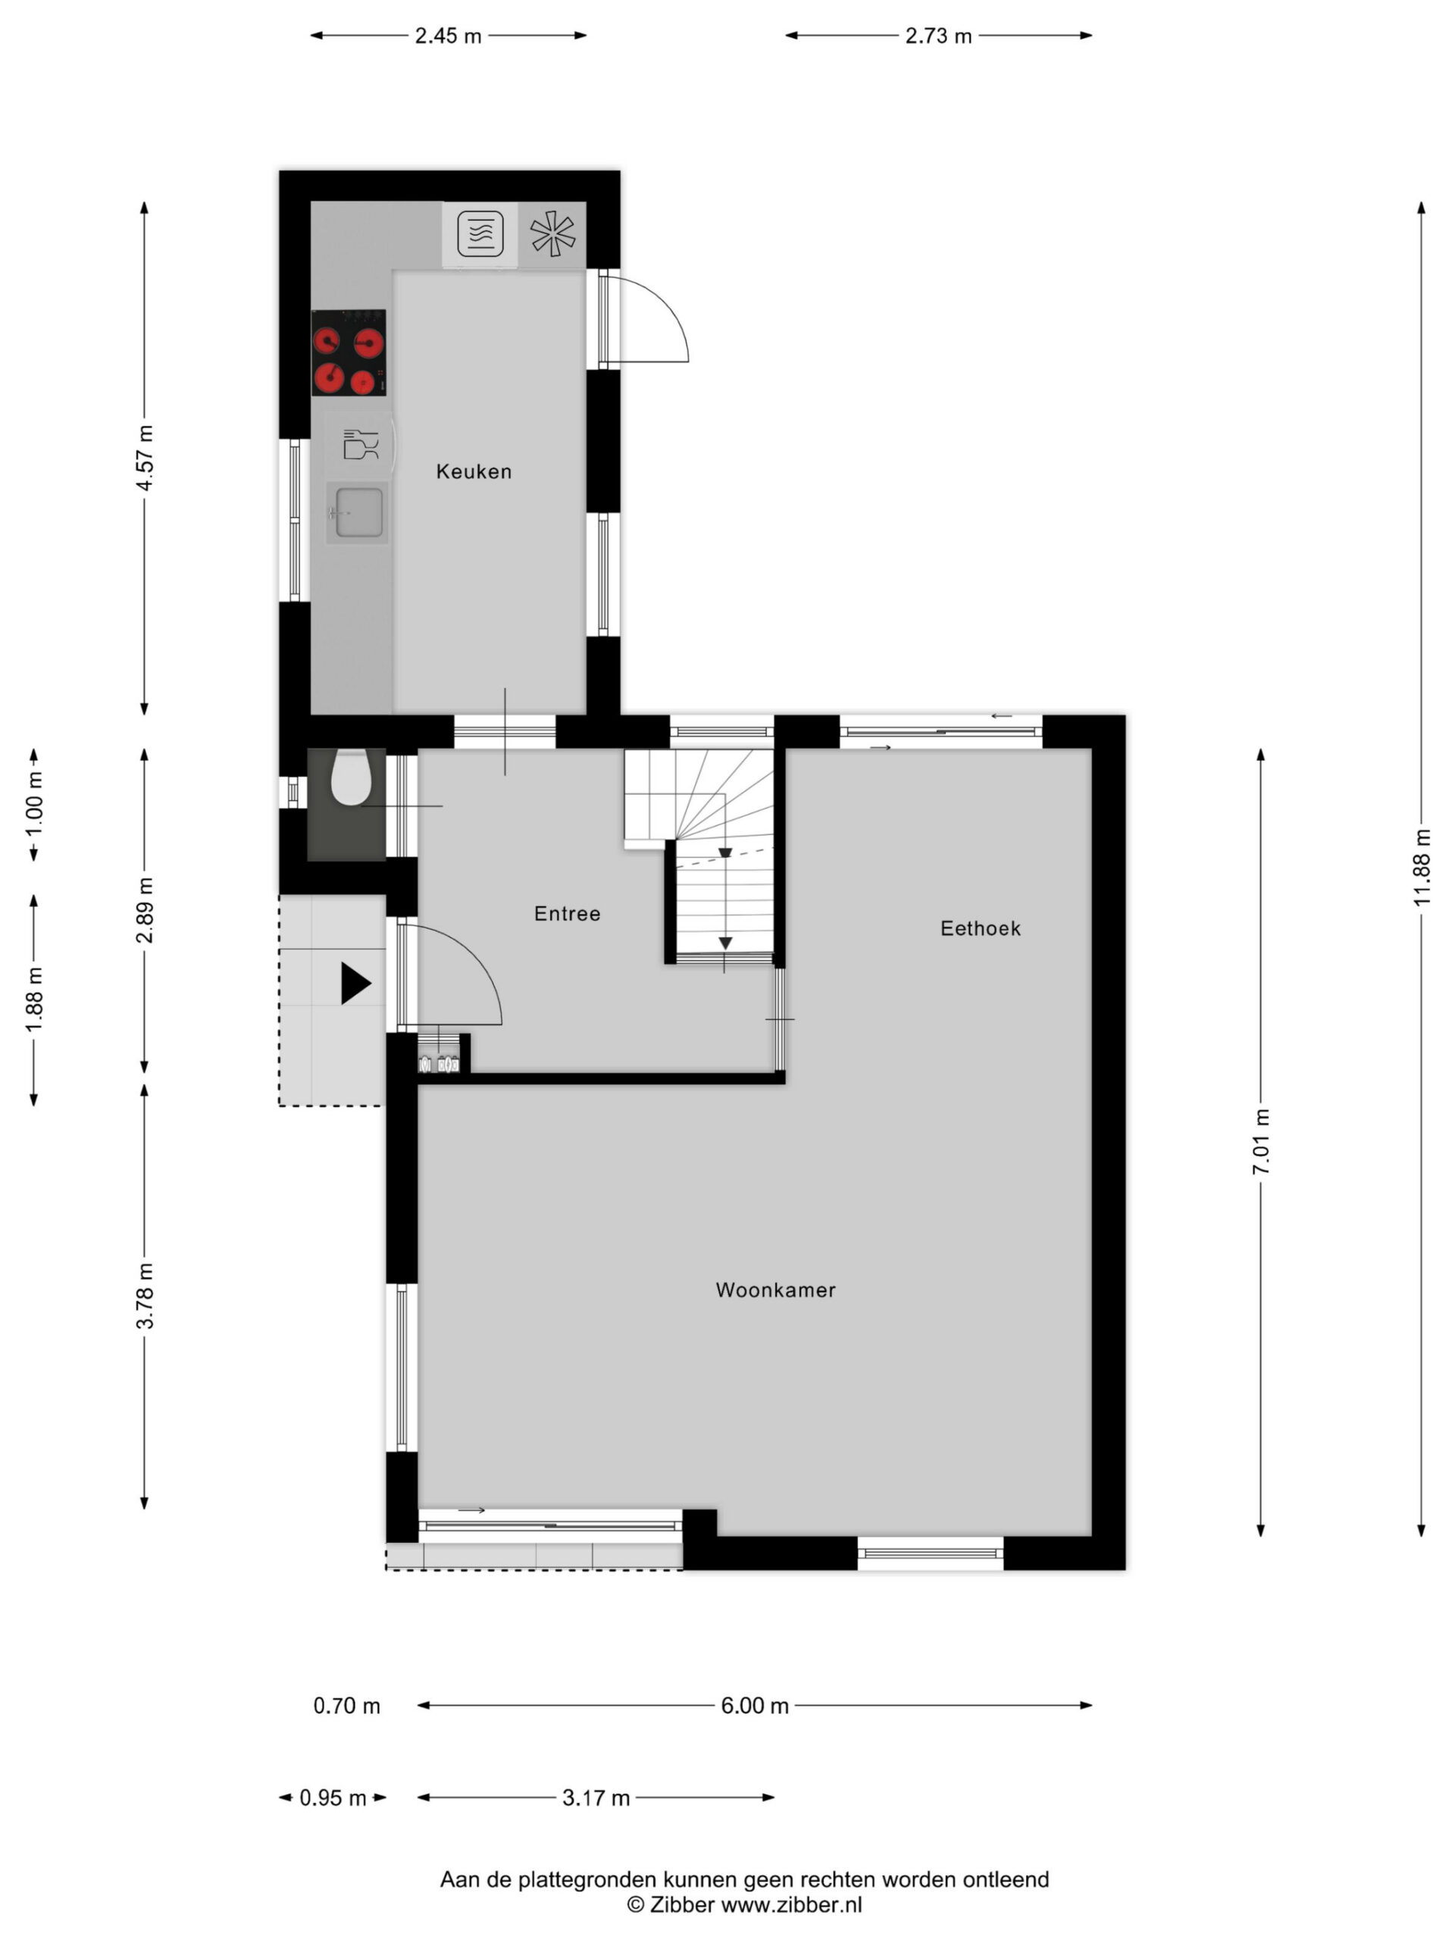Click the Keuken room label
click(x=474, y=472)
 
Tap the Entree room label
click(x=568, y=914)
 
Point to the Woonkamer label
click(x=775, y=1290)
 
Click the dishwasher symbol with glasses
click(x=361, y=445)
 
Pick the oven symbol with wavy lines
click(x=480, y=234)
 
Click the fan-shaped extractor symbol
click(x=552, y=234)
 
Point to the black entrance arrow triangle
click(x=356, y=983)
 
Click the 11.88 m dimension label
click(x=1422, y=868)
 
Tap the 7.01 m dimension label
click(x=1261, y=1142)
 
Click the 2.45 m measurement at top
click(x=448, y=36)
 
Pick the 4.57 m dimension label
click(x=145, y=458)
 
